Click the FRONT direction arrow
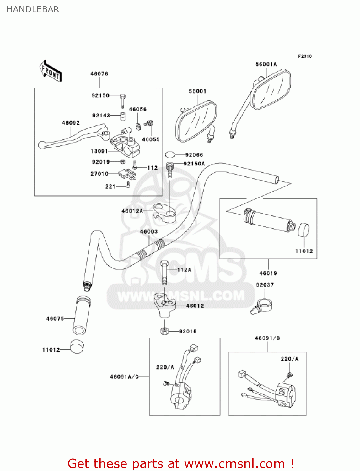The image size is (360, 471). (x=50, y=71)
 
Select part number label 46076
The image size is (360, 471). (x=99, y=74)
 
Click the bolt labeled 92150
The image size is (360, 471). (x=122, y=99)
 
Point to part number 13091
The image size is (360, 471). (x=99, y=151)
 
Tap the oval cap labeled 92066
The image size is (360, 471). (x=170, y=154)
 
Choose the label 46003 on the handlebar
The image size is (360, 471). (x=149, y=232)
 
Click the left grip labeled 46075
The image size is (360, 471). (x=82, y=316)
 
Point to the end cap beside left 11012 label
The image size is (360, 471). (x=77, y=347)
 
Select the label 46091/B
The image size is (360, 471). (x=267, y=338)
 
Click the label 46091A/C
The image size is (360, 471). (x=124, y=377)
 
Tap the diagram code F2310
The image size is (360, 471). (x=305, y=56)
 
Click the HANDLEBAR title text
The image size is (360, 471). (x=33, y=9)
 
